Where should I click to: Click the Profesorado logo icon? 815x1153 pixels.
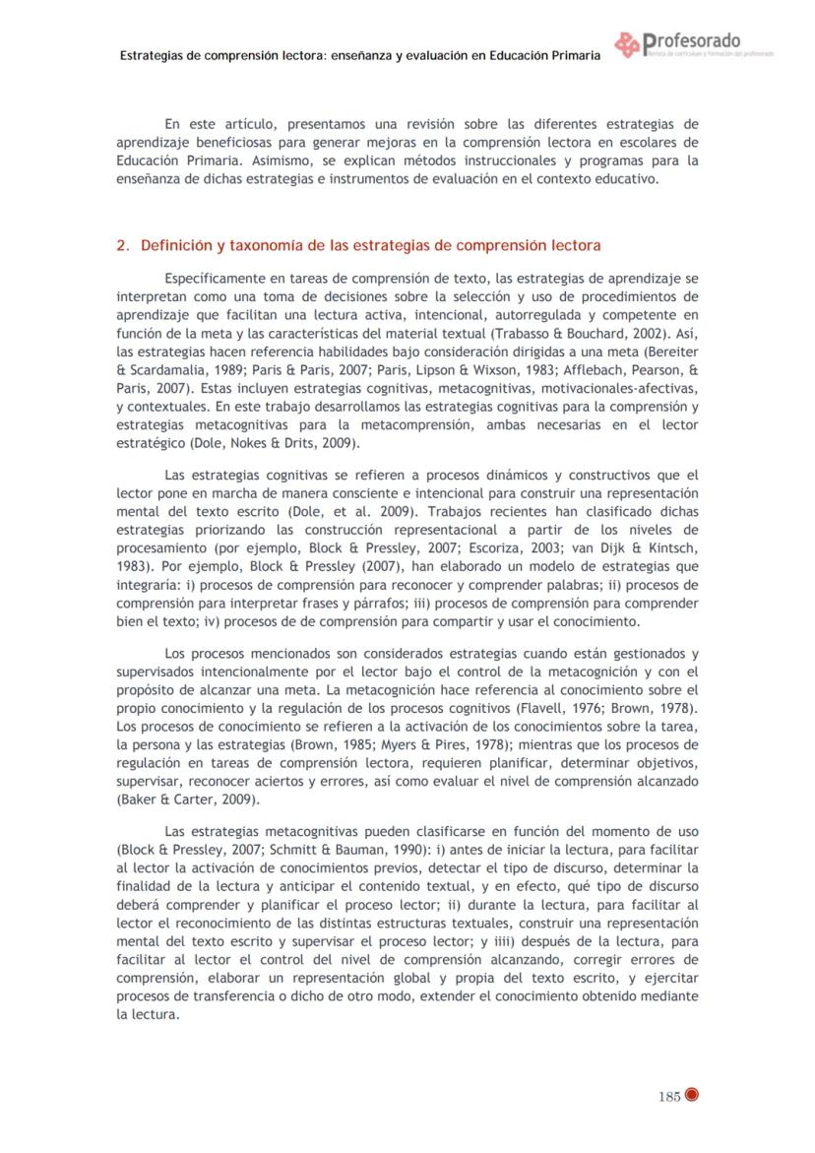[x=626, y=45]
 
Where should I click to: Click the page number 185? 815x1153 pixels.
[x=669, y=1098]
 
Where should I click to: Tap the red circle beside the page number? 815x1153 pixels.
[x=691, y=1098]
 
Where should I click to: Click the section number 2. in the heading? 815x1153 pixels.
[x=124, y=244]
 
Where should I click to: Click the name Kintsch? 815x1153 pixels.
[x=670, y=548]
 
